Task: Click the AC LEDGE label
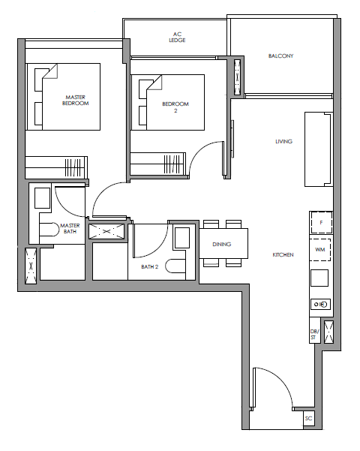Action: point(177,38)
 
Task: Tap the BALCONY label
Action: point(280,56)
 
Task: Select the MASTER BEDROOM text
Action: point(75,101)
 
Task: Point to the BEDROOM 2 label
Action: point(175,107)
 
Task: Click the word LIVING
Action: point(283,142)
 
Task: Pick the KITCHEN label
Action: point(283,255)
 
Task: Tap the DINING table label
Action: point(222,244)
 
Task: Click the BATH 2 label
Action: point(150,267)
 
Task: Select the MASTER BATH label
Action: point(70,228)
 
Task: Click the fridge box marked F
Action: point(321,222)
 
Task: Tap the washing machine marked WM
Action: point(319,250)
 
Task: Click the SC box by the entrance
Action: point(308,419)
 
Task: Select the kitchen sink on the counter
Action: point(320,305)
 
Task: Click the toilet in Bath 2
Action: point(175,266)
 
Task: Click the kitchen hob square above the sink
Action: point(319,278)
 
